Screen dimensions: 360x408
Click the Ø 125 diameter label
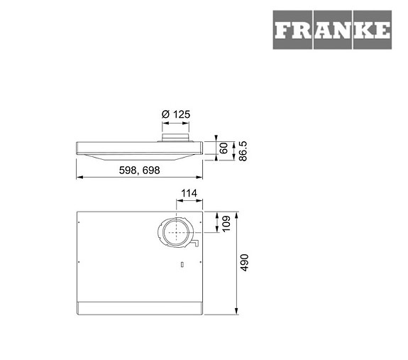[x=175, y=114]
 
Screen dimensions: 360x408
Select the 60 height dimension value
[x=223, y=148]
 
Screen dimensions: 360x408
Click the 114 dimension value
[x=188, y=194]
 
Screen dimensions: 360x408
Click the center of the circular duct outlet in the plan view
[x=175, y=233]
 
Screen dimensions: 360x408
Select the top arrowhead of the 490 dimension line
[x=236, y=212]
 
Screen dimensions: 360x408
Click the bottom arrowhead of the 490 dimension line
[x=236, y=312]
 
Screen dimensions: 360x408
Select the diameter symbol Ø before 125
[x=165, y=114]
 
